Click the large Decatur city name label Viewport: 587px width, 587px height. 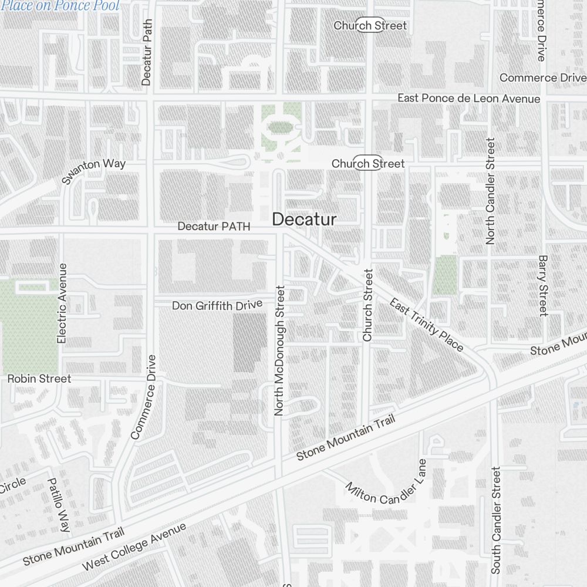tap(304, 220)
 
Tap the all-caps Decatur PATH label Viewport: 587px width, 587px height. tap(214, 226)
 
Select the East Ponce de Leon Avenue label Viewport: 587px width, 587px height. tap(468, 98)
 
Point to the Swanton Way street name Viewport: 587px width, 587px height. tap(94, 170)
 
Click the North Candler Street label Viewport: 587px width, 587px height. tap(491, 191)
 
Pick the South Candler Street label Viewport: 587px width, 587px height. tap(496, 520)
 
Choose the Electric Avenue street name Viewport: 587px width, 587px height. tap(62, 303)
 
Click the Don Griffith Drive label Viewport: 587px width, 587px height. tap(217, 306)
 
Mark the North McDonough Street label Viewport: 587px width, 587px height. tap(279, 350)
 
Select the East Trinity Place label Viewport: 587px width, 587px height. tap(426, 325)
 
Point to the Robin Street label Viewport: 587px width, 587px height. tap(39, 379)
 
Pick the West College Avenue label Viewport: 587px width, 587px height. tap(134, 546)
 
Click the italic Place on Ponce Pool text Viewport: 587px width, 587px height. tap(60, 6)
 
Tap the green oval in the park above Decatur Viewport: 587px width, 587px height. tap(281, 127)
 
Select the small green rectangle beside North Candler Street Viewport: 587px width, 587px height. tap(445, 275)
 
